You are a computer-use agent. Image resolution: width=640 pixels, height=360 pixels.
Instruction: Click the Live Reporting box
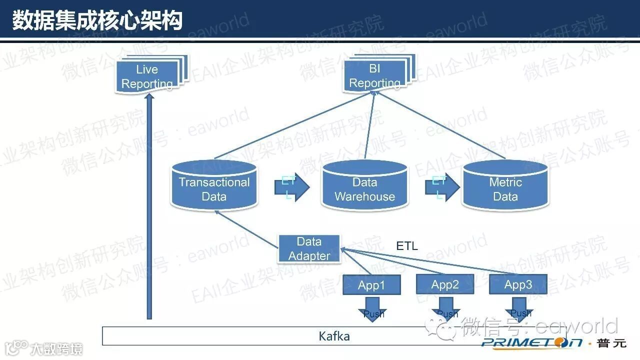147,76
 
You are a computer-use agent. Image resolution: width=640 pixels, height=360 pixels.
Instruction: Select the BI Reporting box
374,75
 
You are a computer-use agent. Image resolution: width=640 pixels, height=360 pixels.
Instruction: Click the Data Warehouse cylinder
364,189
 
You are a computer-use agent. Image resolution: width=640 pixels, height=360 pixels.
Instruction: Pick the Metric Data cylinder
505,189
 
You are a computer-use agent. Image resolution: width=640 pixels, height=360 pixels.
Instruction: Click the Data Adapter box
309,248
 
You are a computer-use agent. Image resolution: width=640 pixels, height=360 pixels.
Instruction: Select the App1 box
371,285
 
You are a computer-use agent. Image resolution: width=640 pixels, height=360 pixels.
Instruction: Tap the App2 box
445,284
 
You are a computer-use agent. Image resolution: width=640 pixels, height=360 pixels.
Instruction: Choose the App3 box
518,284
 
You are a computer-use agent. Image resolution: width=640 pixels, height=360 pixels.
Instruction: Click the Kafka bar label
334,336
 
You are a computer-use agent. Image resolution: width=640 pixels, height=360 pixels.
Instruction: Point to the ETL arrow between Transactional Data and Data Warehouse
291,187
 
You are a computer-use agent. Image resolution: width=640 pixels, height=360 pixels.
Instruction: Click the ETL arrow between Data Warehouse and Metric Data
442,187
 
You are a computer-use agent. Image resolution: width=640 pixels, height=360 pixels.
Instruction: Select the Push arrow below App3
519,309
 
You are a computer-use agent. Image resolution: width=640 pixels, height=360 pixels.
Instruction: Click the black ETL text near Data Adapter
406,245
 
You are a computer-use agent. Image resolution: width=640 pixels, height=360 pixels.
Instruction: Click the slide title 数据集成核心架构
97,20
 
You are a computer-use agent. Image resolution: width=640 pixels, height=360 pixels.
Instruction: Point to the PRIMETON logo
532,342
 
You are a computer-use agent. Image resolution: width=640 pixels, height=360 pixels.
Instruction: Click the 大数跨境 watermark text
55,348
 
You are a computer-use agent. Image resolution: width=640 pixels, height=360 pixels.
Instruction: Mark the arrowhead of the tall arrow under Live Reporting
148,98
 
